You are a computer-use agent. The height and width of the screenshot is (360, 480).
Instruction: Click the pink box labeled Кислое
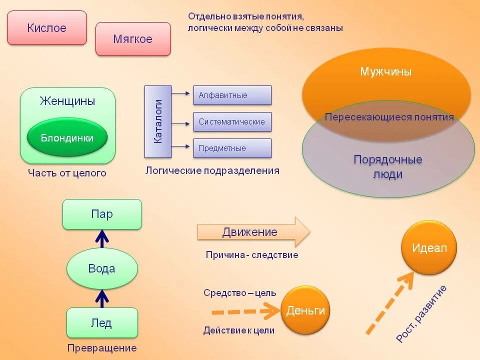pos(47,28)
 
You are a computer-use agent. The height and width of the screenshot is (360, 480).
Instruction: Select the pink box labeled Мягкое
pos(133,39)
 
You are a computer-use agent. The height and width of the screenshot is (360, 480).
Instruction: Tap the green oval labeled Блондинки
pos(67,138)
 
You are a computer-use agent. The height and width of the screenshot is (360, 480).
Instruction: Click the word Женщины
pos(67,101)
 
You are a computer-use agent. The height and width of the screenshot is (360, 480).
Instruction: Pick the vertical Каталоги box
pos(158,121)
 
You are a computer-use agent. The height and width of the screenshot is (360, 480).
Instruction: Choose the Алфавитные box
pos(232,95)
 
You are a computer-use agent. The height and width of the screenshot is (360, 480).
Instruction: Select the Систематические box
pos(232,121)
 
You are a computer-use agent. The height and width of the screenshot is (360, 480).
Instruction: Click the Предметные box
pos(232,148)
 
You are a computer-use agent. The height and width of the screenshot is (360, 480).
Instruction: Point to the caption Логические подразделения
pos(212,170)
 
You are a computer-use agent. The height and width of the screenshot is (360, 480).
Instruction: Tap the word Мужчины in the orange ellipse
pos(386,71)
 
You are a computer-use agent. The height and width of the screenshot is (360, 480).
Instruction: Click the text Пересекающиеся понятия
pos(389,117)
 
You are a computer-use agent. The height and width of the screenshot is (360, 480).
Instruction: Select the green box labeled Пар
pos(102,214)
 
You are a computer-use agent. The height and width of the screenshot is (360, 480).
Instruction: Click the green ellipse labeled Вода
pos(102,268)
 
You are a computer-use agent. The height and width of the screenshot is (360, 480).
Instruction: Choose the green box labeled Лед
pos(101,322)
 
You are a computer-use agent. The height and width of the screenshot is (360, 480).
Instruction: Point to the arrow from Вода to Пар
pos(102,239)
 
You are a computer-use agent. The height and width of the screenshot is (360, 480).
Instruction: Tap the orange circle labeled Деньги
pos(305,310)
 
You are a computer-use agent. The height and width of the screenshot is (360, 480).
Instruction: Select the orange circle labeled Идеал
pos(429,247)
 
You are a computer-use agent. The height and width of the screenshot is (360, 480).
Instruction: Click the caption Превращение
pos(102,348)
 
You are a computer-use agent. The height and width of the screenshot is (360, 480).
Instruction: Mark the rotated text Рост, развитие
pos(421,313)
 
